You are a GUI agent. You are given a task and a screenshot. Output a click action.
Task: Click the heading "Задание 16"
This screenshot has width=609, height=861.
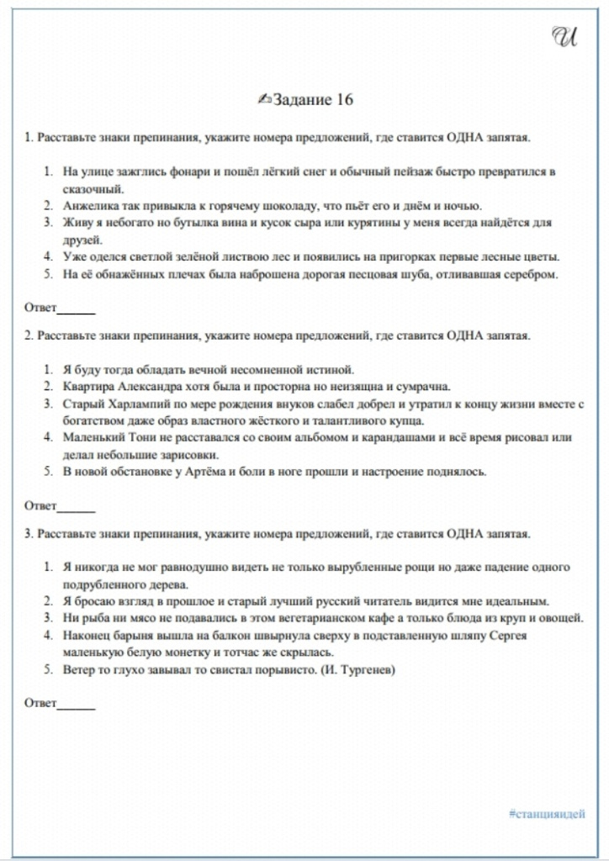click(306, 99)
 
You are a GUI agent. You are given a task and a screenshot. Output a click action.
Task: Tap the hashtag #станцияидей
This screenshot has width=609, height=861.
click(547, 813)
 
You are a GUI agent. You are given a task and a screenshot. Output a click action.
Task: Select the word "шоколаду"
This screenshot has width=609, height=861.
click(262, 205)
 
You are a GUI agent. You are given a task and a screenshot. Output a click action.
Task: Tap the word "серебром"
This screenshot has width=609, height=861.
click(529, 273)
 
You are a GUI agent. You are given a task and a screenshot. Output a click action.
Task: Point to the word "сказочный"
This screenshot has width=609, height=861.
click(93, 188)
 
